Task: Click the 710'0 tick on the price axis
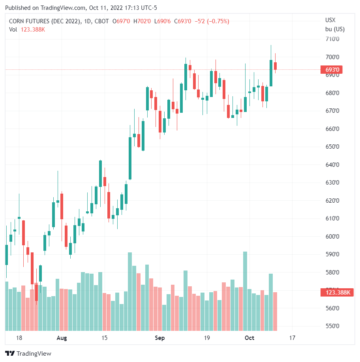pos(332,39)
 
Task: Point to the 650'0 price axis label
pos(332,147)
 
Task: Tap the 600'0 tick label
pos(332,237)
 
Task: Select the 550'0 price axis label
pos(332,326)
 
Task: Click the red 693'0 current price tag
pos(332,70)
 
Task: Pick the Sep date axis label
pos(159,338)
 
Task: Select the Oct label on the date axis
pos(249,338)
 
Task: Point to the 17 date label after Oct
pos(292,338)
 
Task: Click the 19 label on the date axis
pos(206,338)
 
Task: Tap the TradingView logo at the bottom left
pos(28,353)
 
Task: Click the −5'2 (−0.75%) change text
pos(212,21)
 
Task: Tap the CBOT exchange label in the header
pos(102,21)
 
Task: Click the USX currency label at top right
pos(330,20)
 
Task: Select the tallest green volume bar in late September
pos(245,291)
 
